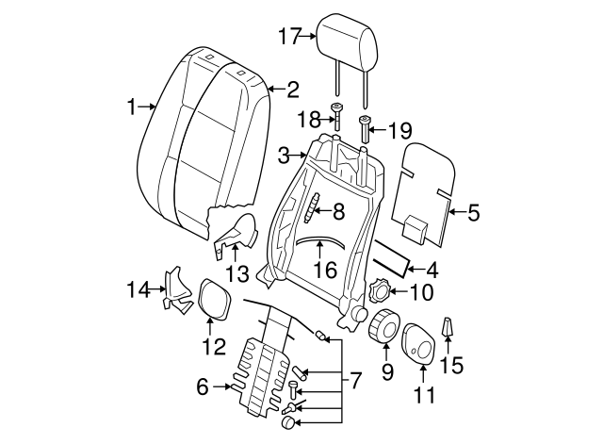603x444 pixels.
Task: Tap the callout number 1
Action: click(x=131, y=107)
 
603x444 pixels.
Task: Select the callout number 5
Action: click(x=473, y=213)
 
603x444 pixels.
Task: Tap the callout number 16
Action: click(x=324, y=270)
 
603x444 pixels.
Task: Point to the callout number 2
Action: click(x=293, y=90)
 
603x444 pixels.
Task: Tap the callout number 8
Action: click(x=336, y=212)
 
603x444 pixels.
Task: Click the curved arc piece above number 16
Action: click(x=318, y=239)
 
